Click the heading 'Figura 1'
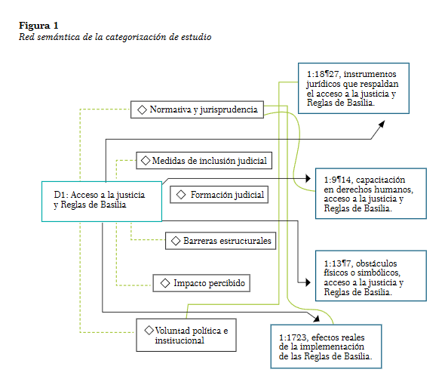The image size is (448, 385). coord(38,26)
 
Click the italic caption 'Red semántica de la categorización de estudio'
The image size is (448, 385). coord(115,37)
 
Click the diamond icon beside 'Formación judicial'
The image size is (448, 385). coord(181,195)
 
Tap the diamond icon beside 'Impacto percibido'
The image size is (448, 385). coord(165,283)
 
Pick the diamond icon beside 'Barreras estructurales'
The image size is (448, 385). coord(176,241)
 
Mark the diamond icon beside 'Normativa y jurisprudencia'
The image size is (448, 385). coord(142,109)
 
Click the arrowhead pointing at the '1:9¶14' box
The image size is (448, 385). coord(308,178)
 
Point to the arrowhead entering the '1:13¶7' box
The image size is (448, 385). coord(308,282)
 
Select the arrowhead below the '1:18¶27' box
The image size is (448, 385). coord(382,124)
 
